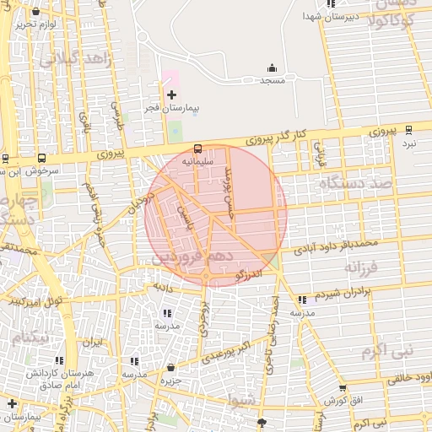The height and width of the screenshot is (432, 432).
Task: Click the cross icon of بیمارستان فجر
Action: click(172, 94)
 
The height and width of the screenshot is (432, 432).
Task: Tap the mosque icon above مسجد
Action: click(272, 67)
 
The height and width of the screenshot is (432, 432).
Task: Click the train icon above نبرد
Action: click(409, 130)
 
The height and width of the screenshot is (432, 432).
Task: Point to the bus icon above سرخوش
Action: click(41, 157)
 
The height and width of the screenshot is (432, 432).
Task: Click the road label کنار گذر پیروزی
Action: click(286, 137)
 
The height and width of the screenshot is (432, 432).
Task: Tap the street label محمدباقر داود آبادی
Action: click(335, 247)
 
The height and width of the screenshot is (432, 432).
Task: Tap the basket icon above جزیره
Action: click(171, 369)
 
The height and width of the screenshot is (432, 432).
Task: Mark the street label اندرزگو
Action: click(251, 273)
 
